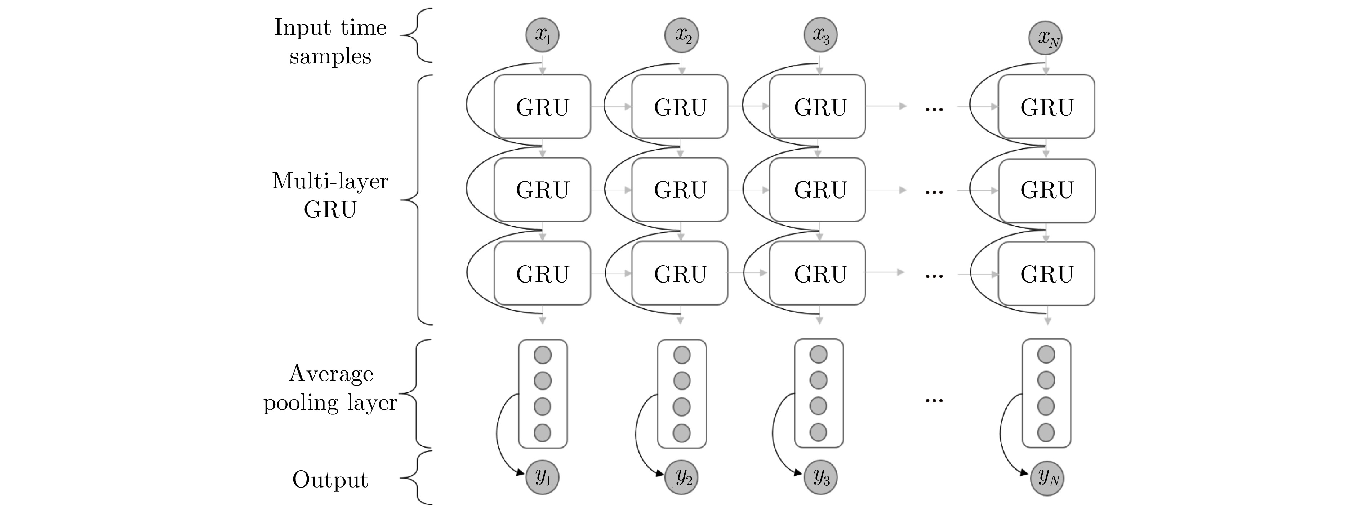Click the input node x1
(x=542, y=35)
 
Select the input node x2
(x=681, y=35)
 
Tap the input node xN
(x=1045, y=38)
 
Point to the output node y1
(x=542, y=477)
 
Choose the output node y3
(x=820, y=477)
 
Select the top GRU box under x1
(x=542, y=107)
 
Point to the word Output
(x=330, y=480)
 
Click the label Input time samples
(x=330, y=41)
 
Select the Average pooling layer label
(x=330, y=387)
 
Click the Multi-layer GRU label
(x=330, y=195)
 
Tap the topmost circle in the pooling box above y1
(x=543, y=355)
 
